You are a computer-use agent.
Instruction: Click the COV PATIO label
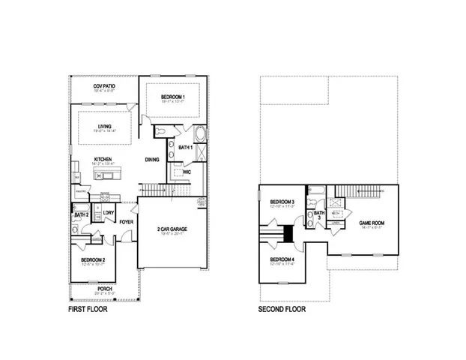click(x=105, y=86)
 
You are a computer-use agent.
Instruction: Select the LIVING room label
click(x=105, y=126)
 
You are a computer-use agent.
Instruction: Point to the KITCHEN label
click(x=103, y=159)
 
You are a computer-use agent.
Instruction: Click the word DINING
click(x=152, y=159)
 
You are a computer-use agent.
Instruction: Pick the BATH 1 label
click(x=187, y=147)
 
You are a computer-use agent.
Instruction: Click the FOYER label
click(x=127, y=222)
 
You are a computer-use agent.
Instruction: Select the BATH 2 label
click(x=82, y=215)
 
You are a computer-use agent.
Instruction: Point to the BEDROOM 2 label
click(x=93, y=259)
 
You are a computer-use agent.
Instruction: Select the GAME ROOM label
click(x=372, y=223)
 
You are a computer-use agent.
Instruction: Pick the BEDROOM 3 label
click(x=282, y=202)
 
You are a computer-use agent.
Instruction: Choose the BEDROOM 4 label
click(x=282, y=259)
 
